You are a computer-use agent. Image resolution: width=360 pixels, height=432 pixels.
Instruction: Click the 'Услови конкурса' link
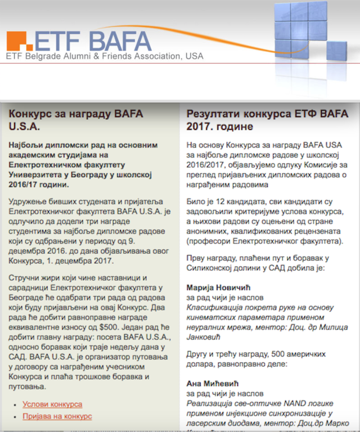pyautogui.click(x=52, y=404)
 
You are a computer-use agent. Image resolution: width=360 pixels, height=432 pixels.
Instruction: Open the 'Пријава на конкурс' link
pyautogui.click(x=57, y=416)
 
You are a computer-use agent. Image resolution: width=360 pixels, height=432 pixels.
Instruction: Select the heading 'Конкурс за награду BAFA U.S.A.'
pyautogui.click(x=76, y=119)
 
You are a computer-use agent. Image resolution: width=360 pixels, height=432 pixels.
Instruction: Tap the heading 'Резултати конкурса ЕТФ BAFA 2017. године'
pyautogui.click(x=268, y=119)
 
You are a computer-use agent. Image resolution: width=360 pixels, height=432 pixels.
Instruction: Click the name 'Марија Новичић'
pyautogui.click(x=217, y=288)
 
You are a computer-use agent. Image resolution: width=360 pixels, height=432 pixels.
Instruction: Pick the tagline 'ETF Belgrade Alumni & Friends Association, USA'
pyautogui.click(x=105, y=56)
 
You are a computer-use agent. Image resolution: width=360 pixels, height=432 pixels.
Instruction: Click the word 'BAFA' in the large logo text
pyautogui.click(x=121, y=40)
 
